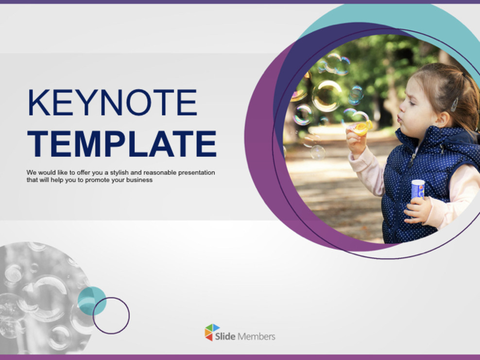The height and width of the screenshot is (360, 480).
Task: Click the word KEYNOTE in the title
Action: (x=112, y=103)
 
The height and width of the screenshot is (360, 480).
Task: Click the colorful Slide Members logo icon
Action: (x=212, y=332)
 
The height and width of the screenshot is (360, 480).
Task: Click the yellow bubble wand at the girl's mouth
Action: (x=362, y=127)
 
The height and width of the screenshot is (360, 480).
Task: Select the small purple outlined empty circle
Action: (x=111, y=315)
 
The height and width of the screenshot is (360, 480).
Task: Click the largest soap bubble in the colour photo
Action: (x=326, y=96)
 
